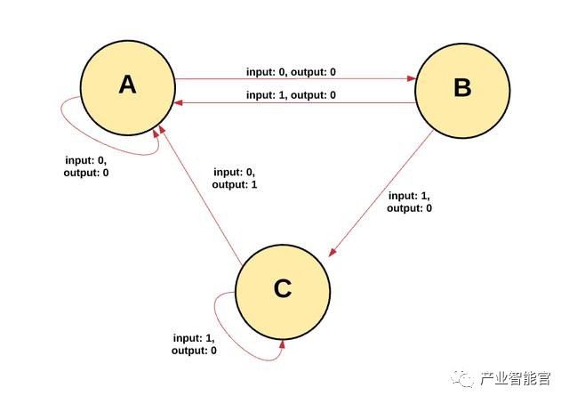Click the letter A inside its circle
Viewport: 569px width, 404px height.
pyautogui.click(x=127, y=85)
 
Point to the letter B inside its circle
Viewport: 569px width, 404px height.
pyautogui.click(x=462, y=88)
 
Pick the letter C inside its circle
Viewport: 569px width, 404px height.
pyautogui.click(x=283, y=289)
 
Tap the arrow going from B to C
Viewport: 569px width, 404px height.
pyautogui.click(x=382, y=191)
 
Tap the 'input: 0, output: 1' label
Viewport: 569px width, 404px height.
pyautogui.click(x=234, y=178)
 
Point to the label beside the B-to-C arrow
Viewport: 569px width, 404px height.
pyautogui.click(x=410, y=201)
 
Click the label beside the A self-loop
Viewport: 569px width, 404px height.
pyautogui.click(x=86, y=166)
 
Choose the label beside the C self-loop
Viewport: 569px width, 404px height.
pyautogui.click(x=195, y=344)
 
